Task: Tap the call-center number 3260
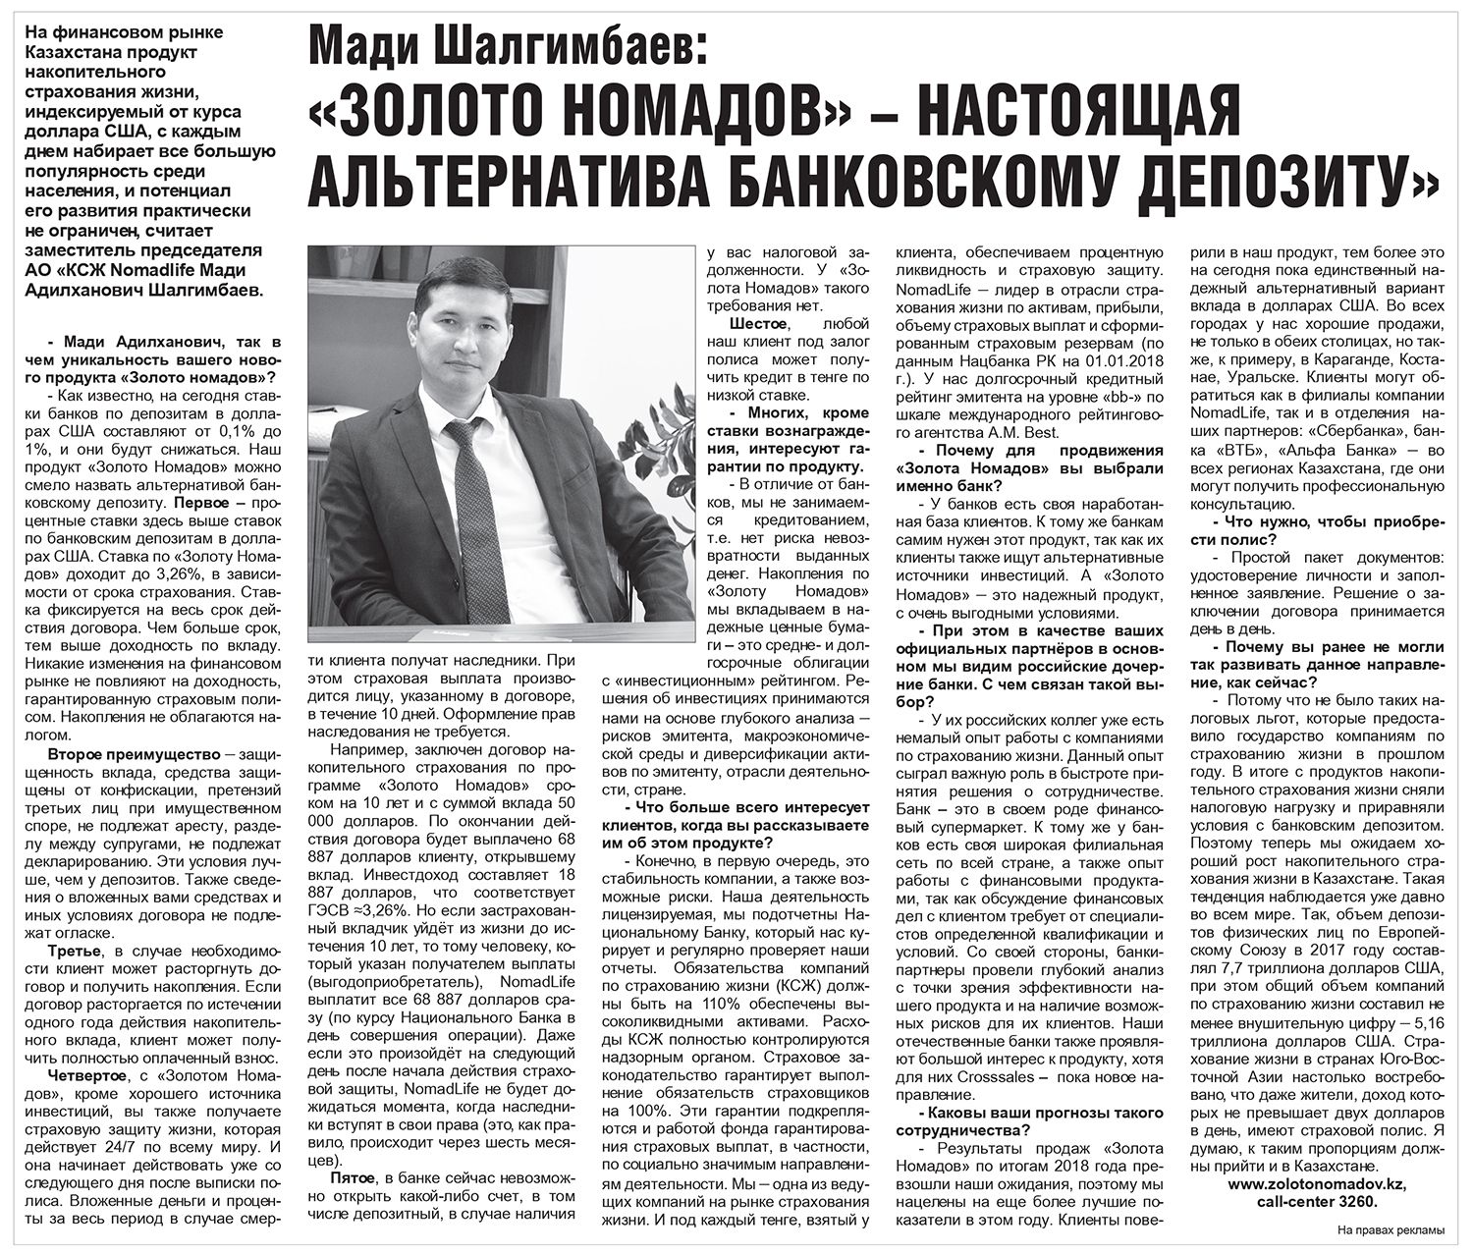(1360, 1201)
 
